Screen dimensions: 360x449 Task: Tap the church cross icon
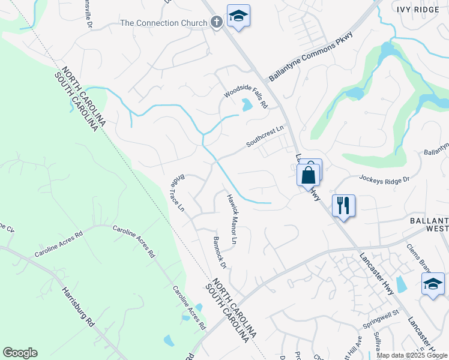tap(217, 23)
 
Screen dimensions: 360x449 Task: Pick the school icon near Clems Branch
tap(433, 284)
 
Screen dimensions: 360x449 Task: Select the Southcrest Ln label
tap(264, 137)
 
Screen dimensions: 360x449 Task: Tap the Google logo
tap(20, 353)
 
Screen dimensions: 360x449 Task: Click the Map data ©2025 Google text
tap(412, 355)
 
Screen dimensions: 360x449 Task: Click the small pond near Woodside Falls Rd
tap(247, 106)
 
